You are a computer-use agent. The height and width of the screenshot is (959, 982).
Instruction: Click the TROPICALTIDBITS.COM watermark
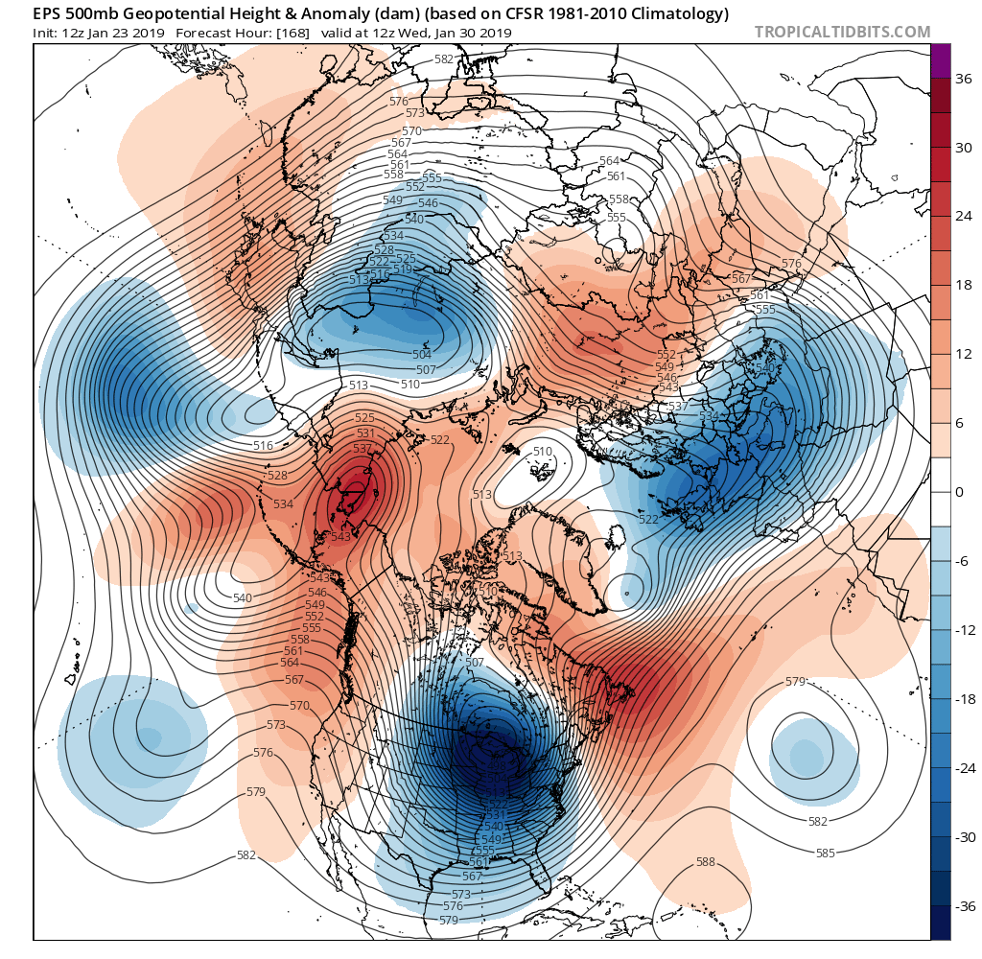tap(842, 32)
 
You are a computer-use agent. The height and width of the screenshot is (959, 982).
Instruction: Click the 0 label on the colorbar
tap(959, 492)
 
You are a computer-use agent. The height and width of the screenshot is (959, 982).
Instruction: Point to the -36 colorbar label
tap(959, 906)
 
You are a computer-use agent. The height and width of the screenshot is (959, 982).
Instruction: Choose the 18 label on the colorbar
tap(959, 286)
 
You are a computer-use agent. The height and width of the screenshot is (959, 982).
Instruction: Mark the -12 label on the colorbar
tap(959, 630)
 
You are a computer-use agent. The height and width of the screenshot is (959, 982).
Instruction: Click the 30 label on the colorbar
tap(959, 148)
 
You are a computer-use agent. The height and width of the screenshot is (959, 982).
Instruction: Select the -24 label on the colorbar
tap(959, 768)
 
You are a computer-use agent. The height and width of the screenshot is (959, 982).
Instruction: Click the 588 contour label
tap(705, 862)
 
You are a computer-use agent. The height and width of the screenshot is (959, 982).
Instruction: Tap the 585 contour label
tap(825, 853)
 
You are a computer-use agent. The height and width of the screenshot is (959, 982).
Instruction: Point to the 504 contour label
tap(422, 355)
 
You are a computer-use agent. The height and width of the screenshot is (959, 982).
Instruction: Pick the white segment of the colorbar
tap(940, 492)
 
